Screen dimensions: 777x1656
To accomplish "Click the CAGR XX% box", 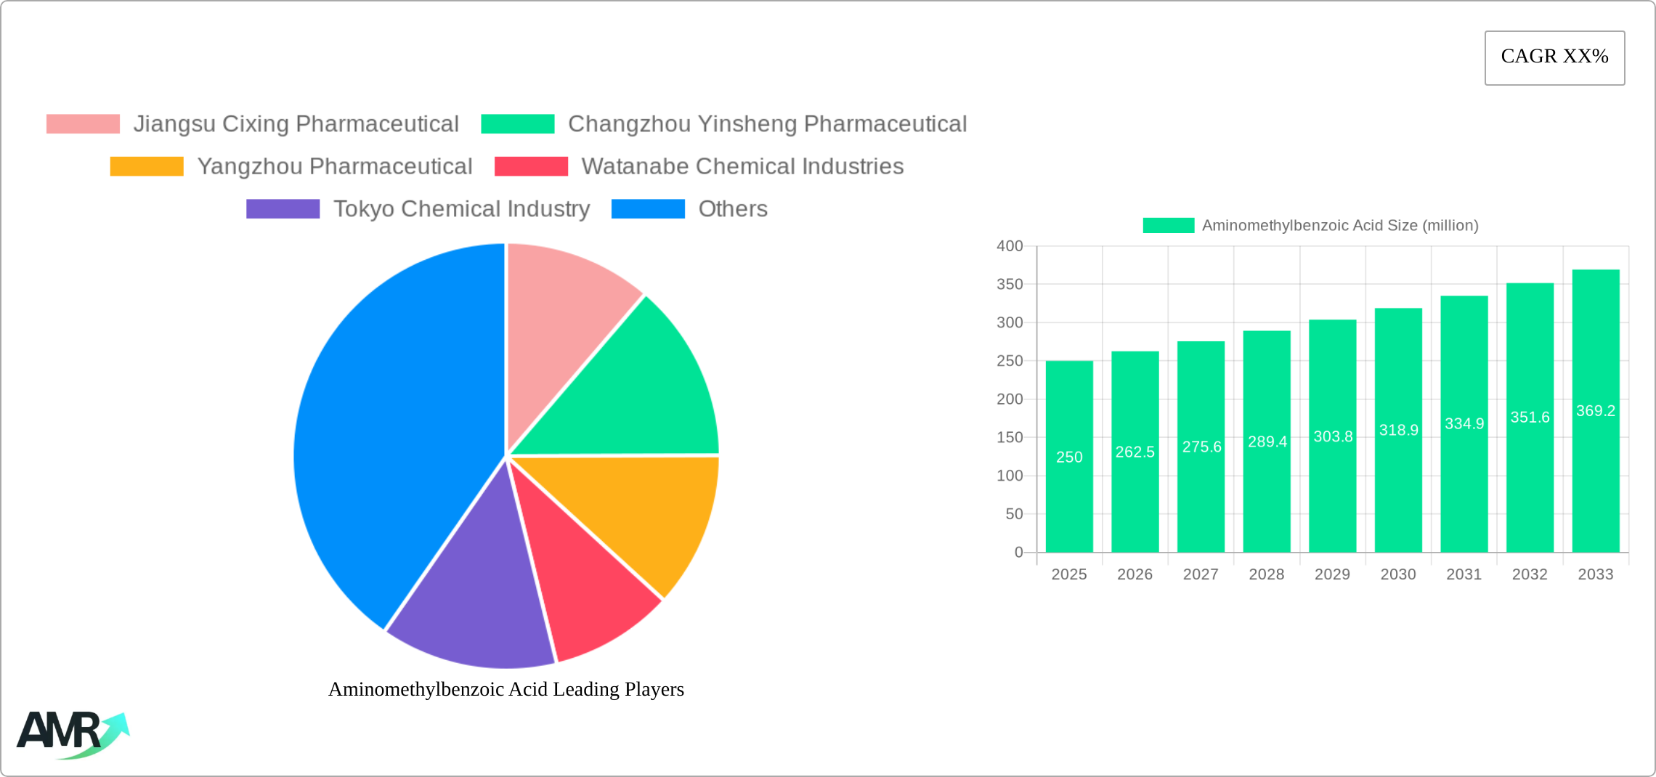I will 1554,57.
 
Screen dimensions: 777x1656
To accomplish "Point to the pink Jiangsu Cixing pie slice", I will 567,312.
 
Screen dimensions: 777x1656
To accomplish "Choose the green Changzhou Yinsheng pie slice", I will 639,392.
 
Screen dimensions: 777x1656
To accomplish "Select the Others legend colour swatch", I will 648,209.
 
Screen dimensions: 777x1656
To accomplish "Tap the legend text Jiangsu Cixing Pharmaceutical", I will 296,124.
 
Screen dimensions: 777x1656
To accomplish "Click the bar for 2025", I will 1069,457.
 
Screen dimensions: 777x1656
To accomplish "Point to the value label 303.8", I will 1333,436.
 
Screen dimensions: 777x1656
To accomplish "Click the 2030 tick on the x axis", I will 1398,574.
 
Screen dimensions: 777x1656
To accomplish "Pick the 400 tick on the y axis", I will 1010,246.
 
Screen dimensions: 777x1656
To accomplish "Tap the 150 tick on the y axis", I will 1010,437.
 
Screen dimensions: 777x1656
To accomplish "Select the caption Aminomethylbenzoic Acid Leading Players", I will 506,689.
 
